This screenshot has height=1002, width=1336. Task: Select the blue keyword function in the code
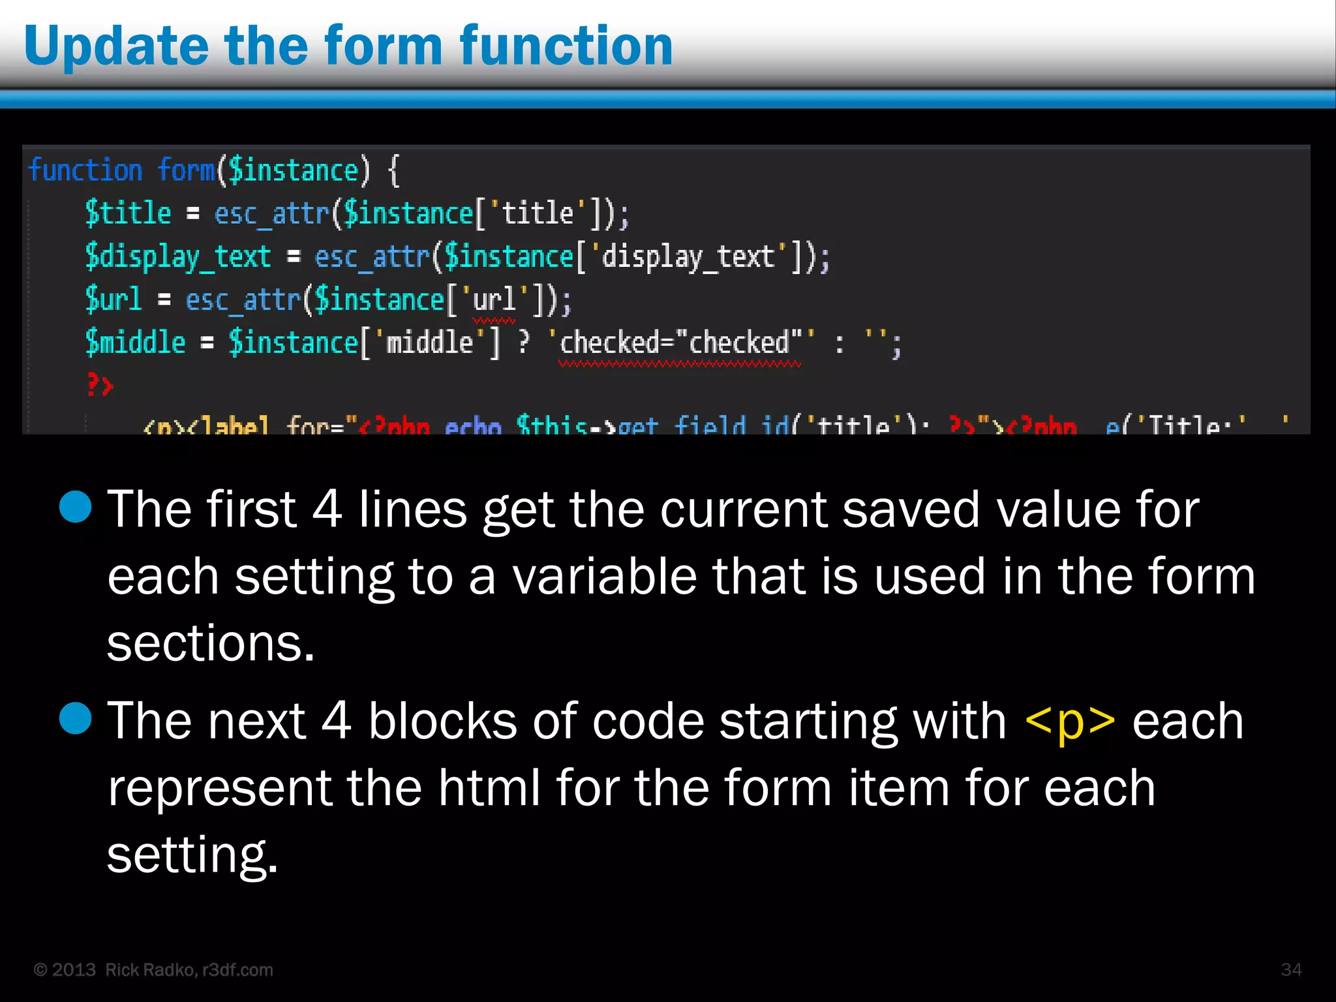coord(85,171)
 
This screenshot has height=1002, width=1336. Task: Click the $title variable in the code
coord(128,213)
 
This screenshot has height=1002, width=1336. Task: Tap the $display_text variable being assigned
coord(177,256)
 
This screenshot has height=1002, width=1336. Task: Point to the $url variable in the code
coord(113,299)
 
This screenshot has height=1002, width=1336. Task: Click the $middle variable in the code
coord(135,342)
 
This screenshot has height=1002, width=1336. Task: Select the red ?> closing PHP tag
coord(100,385)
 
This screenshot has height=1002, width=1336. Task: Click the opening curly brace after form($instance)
coord(393,171)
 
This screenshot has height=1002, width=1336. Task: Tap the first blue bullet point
coord(76,507)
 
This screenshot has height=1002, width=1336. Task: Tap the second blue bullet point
coord(76,718)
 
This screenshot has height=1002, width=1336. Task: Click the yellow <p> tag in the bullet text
coord(1070,721)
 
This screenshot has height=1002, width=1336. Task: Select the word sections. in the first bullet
coord(211,643)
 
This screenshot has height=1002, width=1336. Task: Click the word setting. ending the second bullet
coord(192,855)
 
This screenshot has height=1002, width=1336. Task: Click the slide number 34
coord(1291,969)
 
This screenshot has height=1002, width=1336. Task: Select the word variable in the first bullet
coord(604,577)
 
